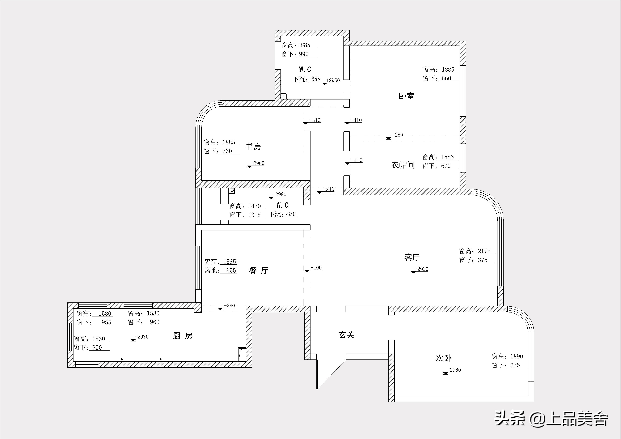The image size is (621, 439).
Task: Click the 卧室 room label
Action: coord(406,96)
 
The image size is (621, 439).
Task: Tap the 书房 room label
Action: coord(253,146)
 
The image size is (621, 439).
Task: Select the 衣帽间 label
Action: coord(403,165)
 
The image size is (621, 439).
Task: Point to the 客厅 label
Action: coord(412,257)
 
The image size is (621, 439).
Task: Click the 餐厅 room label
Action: coord(259,271)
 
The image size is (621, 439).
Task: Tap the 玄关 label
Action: coord(346,335)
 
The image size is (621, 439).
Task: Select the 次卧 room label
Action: coord(444,358)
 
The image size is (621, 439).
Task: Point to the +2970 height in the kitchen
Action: coord(142,337)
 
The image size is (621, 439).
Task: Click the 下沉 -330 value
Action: coord(291,214)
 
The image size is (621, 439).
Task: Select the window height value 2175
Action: coord(484,251)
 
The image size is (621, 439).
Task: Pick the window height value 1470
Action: coord(254,206)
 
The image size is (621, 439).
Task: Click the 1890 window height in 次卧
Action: coord(517,356)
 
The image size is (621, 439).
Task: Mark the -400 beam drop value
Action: coord(316,268)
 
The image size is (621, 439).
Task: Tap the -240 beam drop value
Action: coord(329,189)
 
